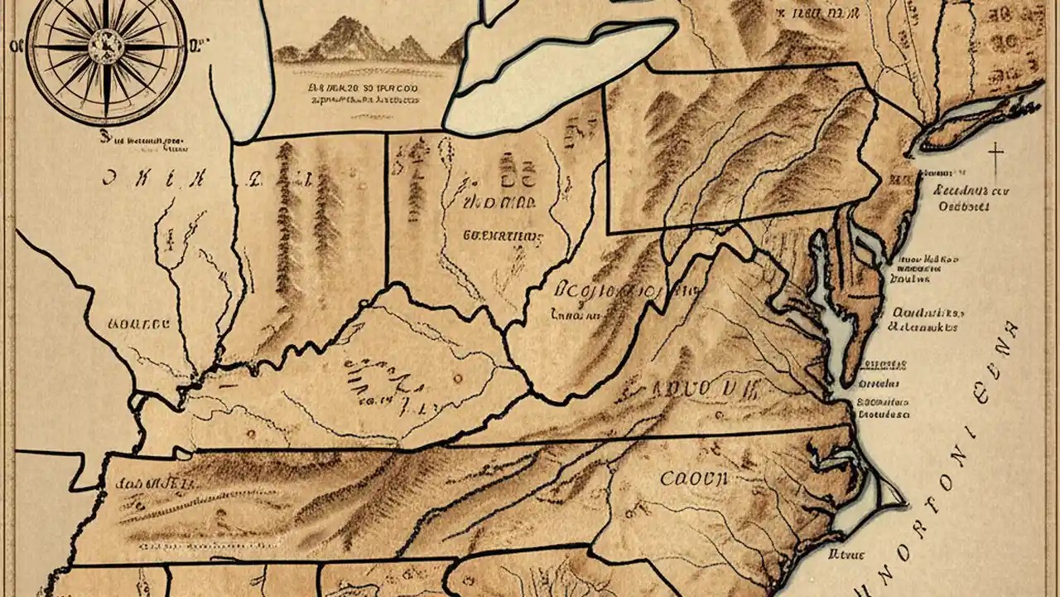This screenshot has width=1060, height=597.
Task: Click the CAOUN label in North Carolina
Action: click(694, 478)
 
